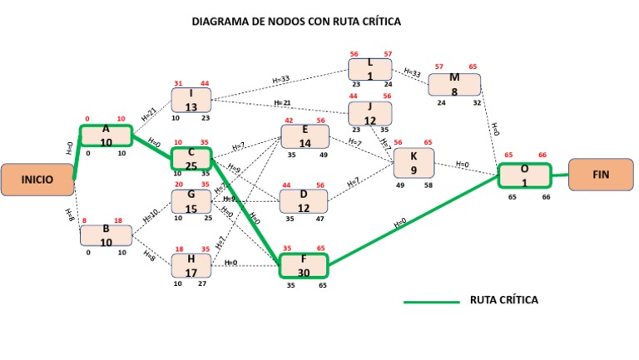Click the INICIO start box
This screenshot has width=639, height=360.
click(37, 179)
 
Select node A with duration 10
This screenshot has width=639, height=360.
click(106, 136)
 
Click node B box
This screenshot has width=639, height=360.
click(106, 235)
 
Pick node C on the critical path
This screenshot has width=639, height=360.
click(191, 159)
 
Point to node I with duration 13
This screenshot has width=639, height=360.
click(191, 101)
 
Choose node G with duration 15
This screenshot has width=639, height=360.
click(191, 201)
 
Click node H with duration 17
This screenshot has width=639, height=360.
click(191, 266)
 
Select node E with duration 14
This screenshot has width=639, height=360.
click(305, 136)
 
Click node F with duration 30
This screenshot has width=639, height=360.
click(304, 266)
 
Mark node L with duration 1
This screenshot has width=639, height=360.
click(371, 69)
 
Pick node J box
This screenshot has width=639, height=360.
click(371, 113)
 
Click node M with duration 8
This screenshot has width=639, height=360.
click(455, 85)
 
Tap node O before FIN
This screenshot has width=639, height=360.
click(524, 175)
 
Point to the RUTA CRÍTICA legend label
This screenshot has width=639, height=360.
click(505, 300)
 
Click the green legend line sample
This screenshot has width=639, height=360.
click(431, 302)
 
